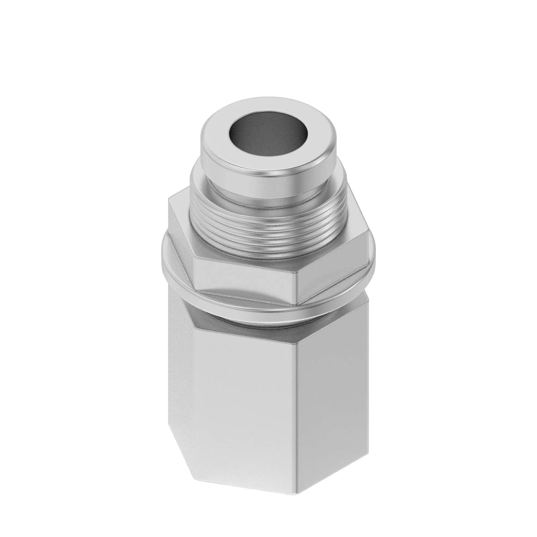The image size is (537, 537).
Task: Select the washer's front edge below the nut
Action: coord(250,302)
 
